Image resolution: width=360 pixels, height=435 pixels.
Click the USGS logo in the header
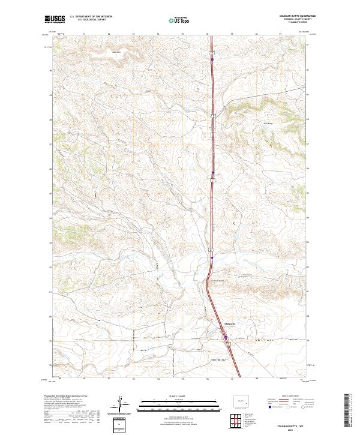pyautogui.click(x=55, y=19)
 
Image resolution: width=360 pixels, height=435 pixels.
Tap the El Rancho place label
pyautogui.click(x=230, y=323)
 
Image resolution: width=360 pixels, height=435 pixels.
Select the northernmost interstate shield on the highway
pyautogui.click(x=212, y=53)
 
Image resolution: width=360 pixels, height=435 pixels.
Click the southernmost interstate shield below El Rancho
pyautogui.click(x=227, y=344)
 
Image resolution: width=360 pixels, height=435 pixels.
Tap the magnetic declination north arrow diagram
pyautogui.click(x=121, y=403)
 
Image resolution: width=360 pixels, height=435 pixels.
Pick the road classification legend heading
pyautogui.click(x=289, y=396)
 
